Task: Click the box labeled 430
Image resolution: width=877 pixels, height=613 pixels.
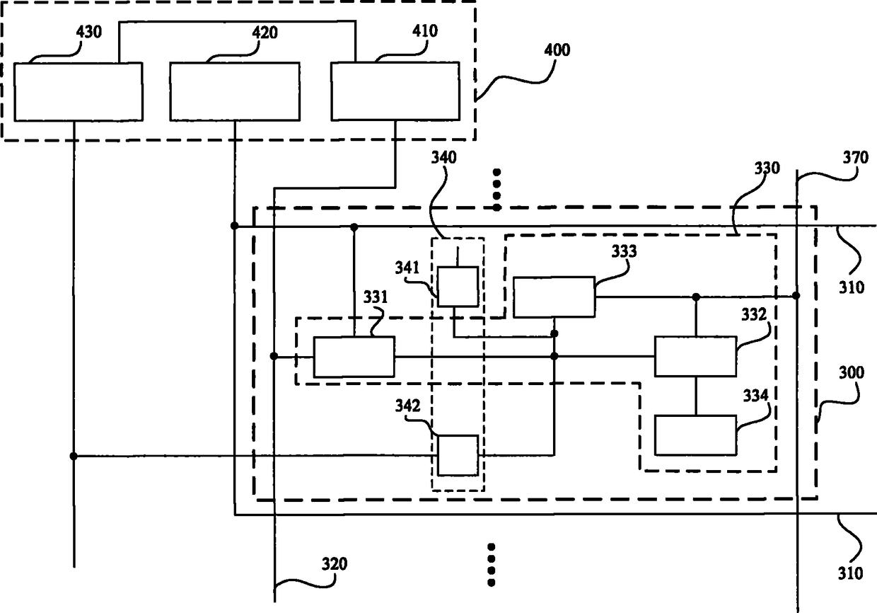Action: [x=79, y=92]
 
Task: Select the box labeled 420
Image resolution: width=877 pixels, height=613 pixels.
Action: [x=235, y=91]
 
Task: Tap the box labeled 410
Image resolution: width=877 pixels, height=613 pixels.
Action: [x=395, y=91]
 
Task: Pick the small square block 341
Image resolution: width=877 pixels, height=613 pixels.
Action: [x=458, y=287]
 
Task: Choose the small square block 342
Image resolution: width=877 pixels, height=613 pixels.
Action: [x=458, y=455]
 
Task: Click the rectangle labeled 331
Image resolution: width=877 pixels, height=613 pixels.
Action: [x=354, y=357]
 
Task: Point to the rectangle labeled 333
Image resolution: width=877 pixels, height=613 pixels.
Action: [x=554, y=297]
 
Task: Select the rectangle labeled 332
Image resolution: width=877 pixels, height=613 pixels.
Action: [x=695, y=356]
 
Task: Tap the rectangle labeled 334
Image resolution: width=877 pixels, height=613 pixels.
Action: [x=695, y=435]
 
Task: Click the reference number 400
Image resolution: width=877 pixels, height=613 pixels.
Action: [x=557, y=50]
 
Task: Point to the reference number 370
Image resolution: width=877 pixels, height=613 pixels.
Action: [x=856, y=158]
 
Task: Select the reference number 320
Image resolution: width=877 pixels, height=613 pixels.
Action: [x=335, y=564]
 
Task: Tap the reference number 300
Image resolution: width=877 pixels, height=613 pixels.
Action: [x=851, y=372]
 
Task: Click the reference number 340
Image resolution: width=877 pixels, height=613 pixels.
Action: [x=444, y=158]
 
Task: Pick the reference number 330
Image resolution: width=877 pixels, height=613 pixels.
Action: [x=767, y=168]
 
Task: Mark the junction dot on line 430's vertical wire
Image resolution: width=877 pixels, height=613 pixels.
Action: [x=74, y=456]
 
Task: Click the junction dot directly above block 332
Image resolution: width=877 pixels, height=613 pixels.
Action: [x=696, y=297]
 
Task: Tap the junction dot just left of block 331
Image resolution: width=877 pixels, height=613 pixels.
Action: [x=274, y=356]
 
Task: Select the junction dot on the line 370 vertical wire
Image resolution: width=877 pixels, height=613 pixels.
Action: [x=796, y=295]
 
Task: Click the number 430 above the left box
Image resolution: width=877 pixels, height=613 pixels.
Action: [x=89, y=32]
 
